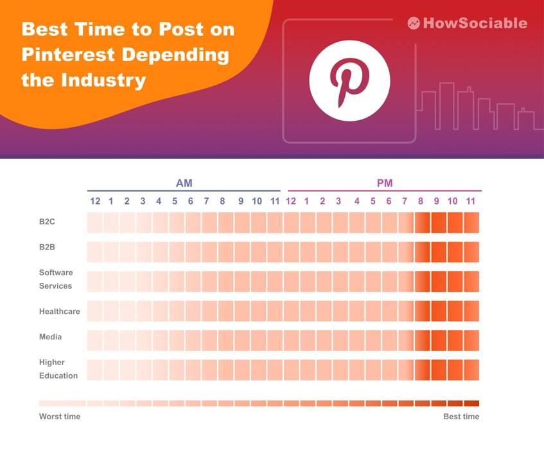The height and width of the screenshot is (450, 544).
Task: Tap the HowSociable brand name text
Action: click(x=476, y=23)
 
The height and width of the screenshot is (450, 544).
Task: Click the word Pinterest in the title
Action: click(x=62, y=55)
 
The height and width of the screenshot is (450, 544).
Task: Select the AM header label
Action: click(x=184, y=183)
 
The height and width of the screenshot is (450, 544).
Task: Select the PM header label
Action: click(x=384, y=183)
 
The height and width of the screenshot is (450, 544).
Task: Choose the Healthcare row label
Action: click(x=59, y=311)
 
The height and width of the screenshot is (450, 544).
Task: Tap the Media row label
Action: click(x=50, y=337)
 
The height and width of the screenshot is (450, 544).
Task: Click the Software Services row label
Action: click(x=56, y=279)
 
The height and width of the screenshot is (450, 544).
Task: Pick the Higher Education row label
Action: click(x=58, y=369)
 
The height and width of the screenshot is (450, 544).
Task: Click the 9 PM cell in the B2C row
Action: click(x=439, y=222)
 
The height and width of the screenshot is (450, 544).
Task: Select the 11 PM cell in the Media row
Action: click(x=471, y=340)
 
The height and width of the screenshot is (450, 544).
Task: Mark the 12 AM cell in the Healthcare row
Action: click(x=95, y=311)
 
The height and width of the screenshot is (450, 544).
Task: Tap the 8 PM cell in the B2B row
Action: click(x=422, y=252)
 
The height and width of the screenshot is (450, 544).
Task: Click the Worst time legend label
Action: click(x=60, y=417)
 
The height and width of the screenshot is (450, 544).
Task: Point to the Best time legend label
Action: click(x=461, y=417)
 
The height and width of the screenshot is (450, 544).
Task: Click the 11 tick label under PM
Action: click(x=470, y=201)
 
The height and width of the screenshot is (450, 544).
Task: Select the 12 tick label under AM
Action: click(x=95, y=201)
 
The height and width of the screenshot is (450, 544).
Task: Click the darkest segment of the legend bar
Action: click(x=471, y=404)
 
